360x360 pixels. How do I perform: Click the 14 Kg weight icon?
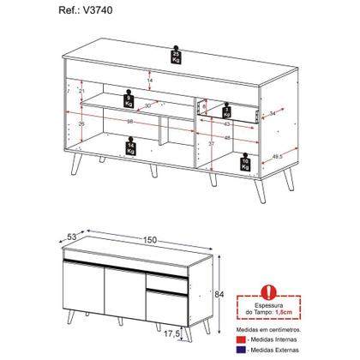(x=131, y=148)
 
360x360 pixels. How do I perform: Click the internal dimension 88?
(x=131, y=119)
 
